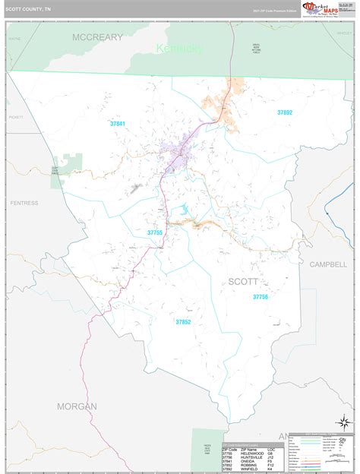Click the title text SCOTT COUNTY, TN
click(29, 9)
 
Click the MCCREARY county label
click(98, 36)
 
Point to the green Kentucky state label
click(179, 49)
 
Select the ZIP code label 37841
click(118, 123)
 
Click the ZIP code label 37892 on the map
click(284, 112)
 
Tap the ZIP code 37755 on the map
click(155, 232)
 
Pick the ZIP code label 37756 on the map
click(261, 297)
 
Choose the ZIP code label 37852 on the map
click(183, 322)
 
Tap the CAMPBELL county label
click(327, 264)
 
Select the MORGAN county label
click(77, 406)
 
